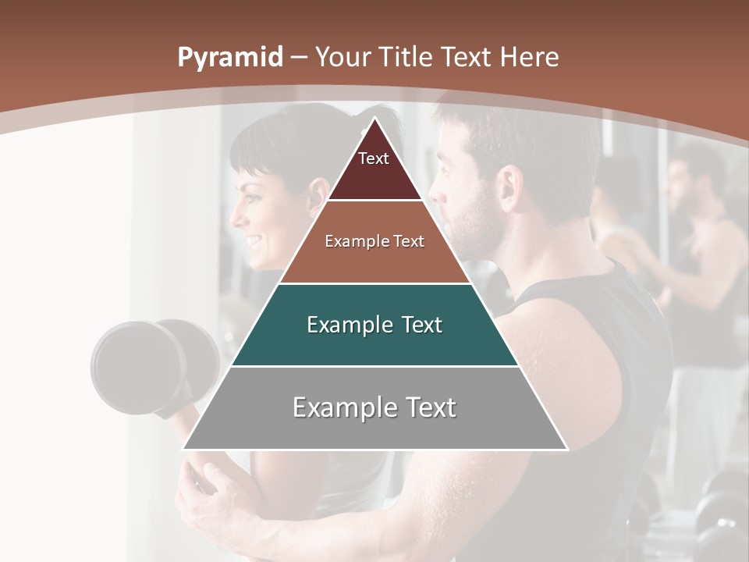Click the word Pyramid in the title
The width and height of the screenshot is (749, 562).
229,58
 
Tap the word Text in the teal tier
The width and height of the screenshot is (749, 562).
417,325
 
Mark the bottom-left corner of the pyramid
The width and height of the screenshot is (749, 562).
183,450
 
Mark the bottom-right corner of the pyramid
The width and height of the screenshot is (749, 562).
567,450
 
